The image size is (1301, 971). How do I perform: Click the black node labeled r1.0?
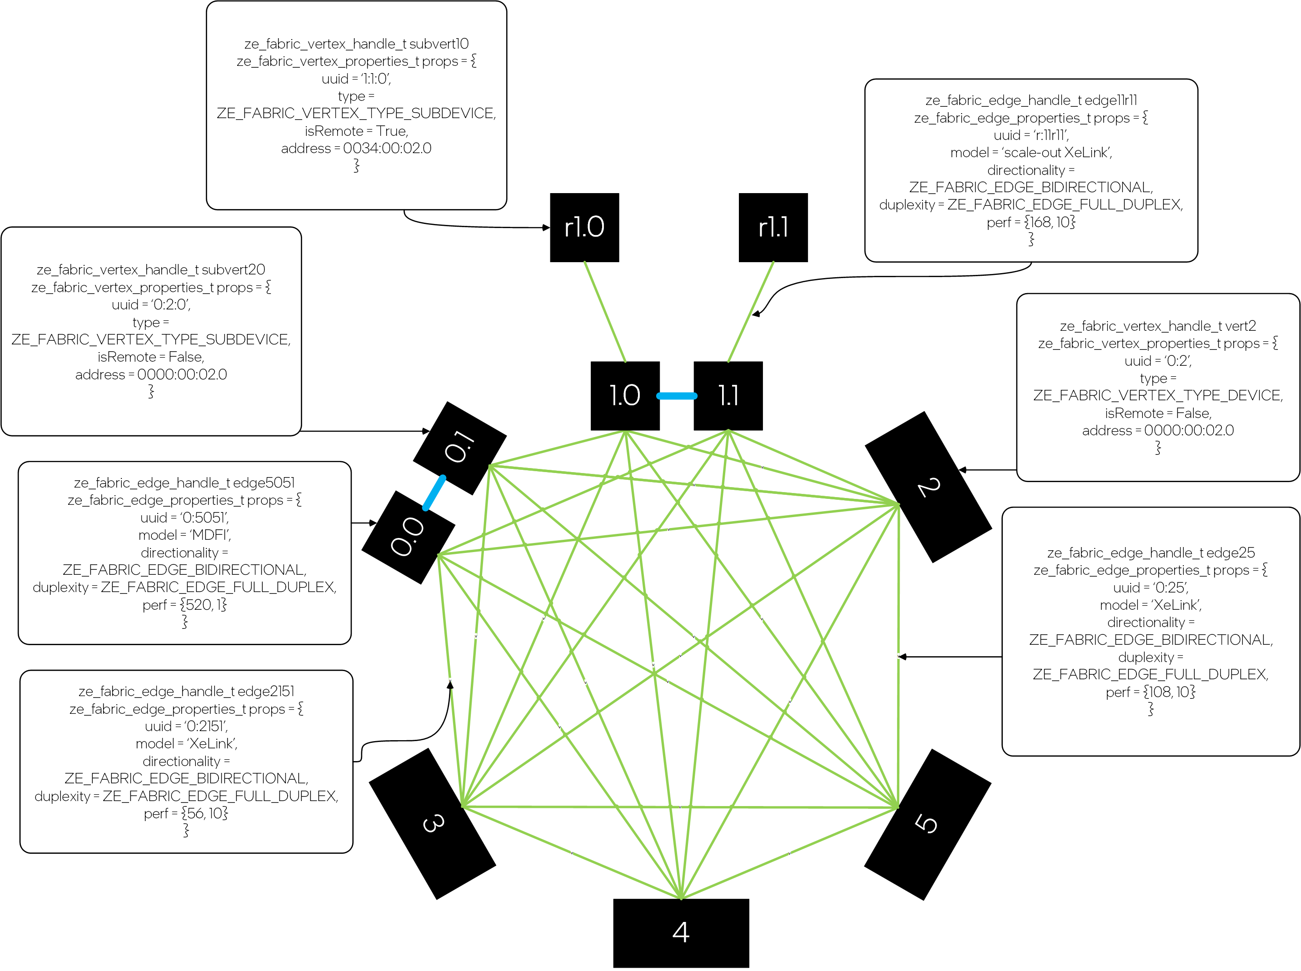tap(584, 228)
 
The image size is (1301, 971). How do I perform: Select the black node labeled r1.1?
tap(773, 228)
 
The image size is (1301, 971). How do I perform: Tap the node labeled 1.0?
tap(624, 396)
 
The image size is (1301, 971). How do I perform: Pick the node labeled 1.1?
tap(728, 396)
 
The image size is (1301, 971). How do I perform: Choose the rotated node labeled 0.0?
tap(408, 537)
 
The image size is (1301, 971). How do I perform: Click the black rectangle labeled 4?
tap(681, 932)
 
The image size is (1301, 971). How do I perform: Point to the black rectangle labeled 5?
tap(927, 824)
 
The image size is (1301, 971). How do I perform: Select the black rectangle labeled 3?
tap(433, 823)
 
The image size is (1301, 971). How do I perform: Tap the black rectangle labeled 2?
tap(927, 487)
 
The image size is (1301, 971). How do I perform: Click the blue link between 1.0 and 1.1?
tap(676, 396)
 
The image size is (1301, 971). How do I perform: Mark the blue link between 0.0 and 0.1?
tap(434, 493)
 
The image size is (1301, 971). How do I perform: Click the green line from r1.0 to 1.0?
tap(604, 312)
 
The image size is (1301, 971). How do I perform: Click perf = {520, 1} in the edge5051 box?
tap(184, 605)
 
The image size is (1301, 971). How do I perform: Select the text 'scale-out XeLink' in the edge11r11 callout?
tap(1057, 153)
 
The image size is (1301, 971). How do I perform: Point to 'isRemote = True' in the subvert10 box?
tap(356, 131)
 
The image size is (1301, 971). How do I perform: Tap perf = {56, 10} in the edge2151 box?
tap(186, 813)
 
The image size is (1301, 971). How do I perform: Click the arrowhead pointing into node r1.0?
tap(546, 228)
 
